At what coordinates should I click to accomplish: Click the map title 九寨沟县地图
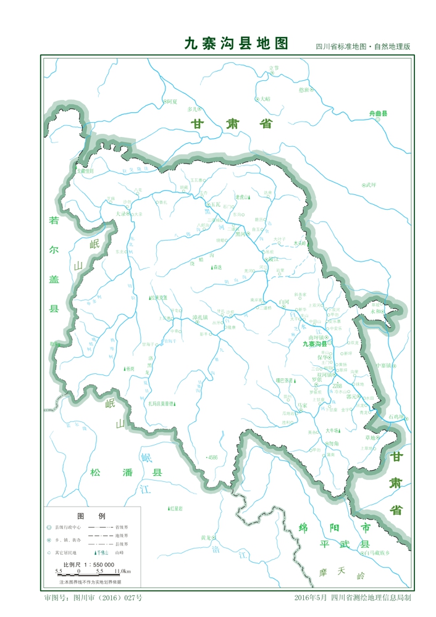click(237, 43)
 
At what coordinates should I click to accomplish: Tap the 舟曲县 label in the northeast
click(378, 114)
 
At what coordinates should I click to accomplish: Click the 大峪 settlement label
click(265, 98)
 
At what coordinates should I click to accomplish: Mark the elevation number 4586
click(212, 457)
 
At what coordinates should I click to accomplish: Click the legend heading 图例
click(91, 515)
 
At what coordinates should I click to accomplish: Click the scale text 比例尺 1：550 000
click(89, 565)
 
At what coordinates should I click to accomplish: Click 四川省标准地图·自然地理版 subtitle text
click(363, 46)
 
